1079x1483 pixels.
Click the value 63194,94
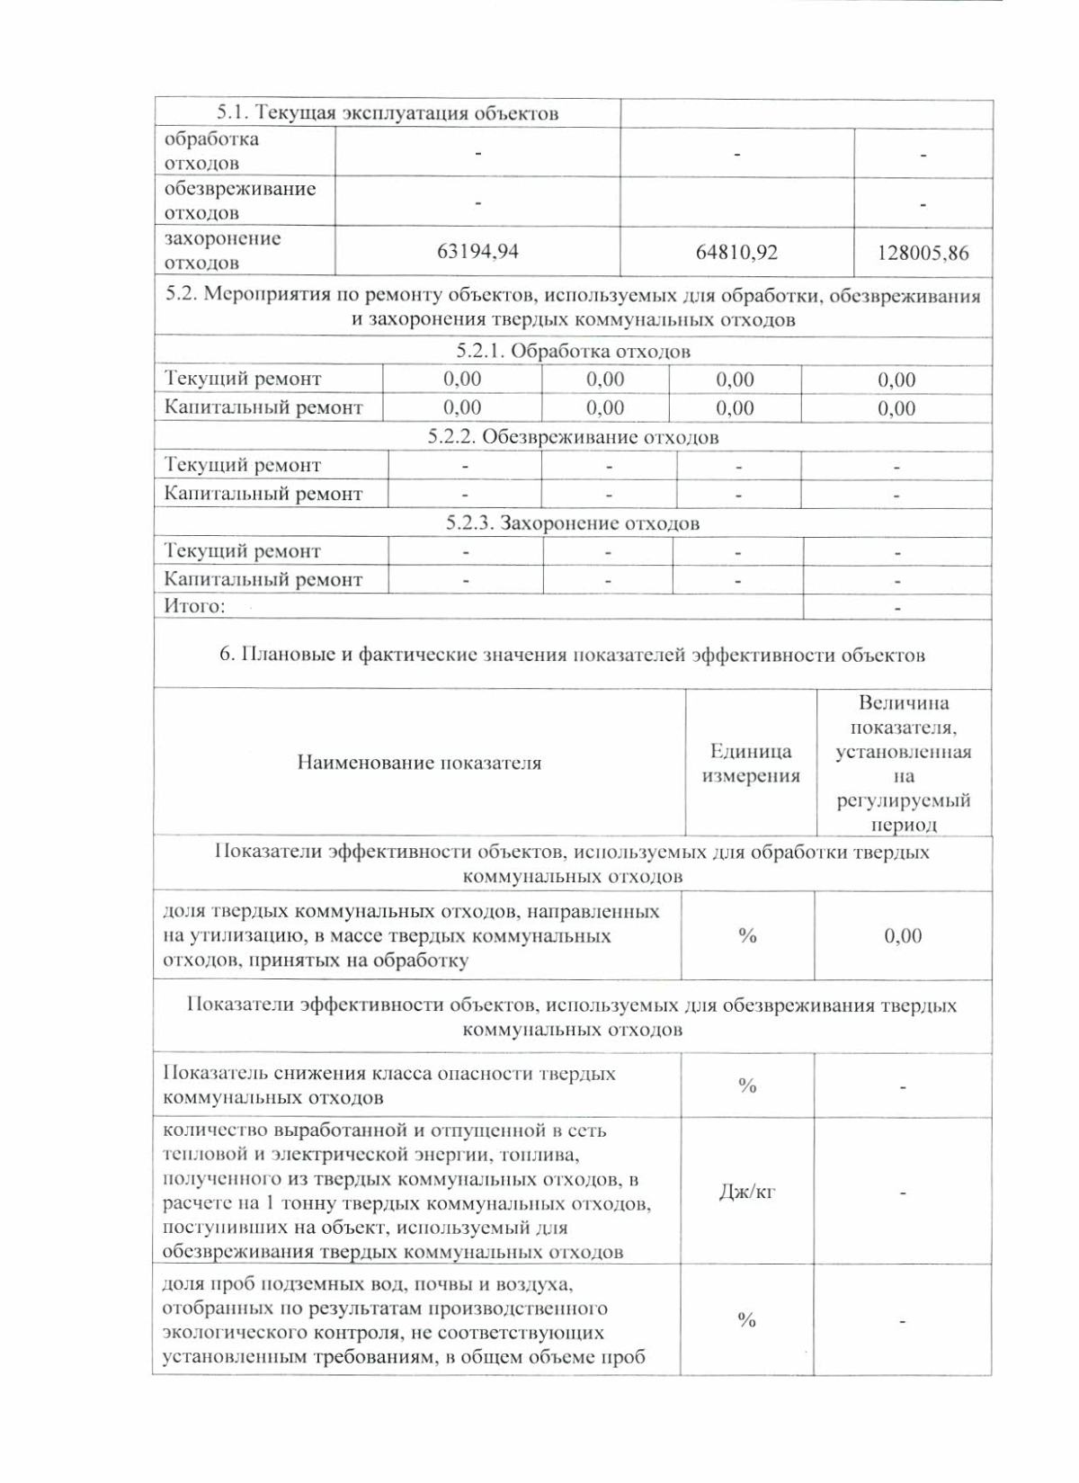click(x=477, y=252)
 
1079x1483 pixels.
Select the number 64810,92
click(x=736, y=252)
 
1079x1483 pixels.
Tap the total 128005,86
click(x=923, y=253)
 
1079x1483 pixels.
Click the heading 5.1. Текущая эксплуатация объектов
click(x=388, y=113)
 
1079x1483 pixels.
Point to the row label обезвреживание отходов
click(x=239, y=201)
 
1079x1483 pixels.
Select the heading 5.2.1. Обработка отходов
click(x=573, y=352)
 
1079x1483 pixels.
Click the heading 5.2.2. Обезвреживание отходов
click(x=573, y=437)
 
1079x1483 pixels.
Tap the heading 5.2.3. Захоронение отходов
click(x=573, y=523)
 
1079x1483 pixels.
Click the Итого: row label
click(x=194, y=606)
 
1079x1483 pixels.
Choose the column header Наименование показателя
click(x=419, y=764)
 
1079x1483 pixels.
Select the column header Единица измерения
click(x=751, y=764)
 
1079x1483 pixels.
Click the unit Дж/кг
click(x=747, y=1193)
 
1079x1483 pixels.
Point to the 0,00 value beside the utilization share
click(x=903, y=936)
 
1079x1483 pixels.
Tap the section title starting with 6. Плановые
click(x=573, y=655)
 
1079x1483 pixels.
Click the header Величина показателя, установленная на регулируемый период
click(x=904, y=764)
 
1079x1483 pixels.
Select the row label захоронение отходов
click(x=222, y=251)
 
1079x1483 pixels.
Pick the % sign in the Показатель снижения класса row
click(x=747, y=1086)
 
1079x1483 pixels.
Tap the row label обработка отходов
click(x=211, y=151)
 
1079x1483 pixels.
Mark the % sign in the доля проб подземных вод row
click(x=746, y=1320)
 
